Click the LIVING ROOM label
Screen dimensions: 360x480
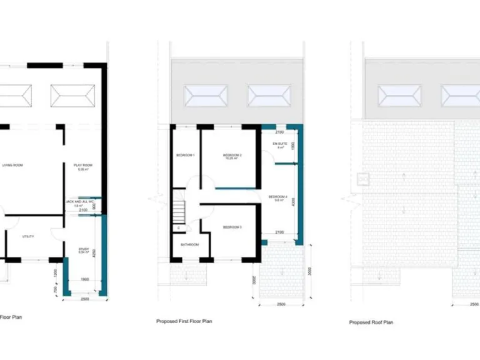click(x=13, y=166)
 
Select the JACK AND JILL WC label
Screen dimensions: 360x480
click(x=80, y=202)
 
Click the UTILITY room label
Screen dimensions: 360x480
click(x=27, y=236)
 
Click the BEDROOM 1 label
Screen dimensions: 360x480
click(x=185, y=155)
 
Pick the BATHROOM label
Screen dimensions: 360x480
click(x=190, y=244)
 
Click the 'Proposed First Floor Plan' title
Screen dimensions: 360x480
click(x=184, y=321)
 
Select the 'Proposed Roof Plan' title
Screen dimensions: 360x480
click(x=371, y=322)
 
